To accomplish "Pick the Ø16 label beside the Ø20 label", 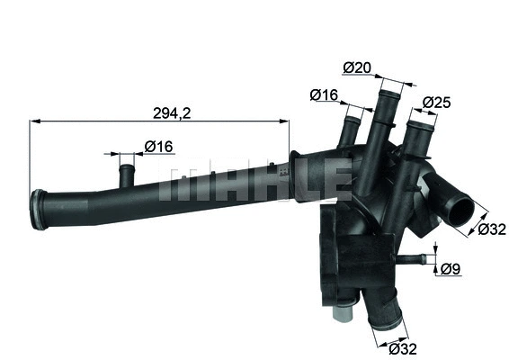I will (324, 93).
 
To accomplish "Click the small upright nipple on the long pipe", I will (125, 167).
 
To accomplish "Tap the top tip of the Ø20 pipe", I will (389, 87).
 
